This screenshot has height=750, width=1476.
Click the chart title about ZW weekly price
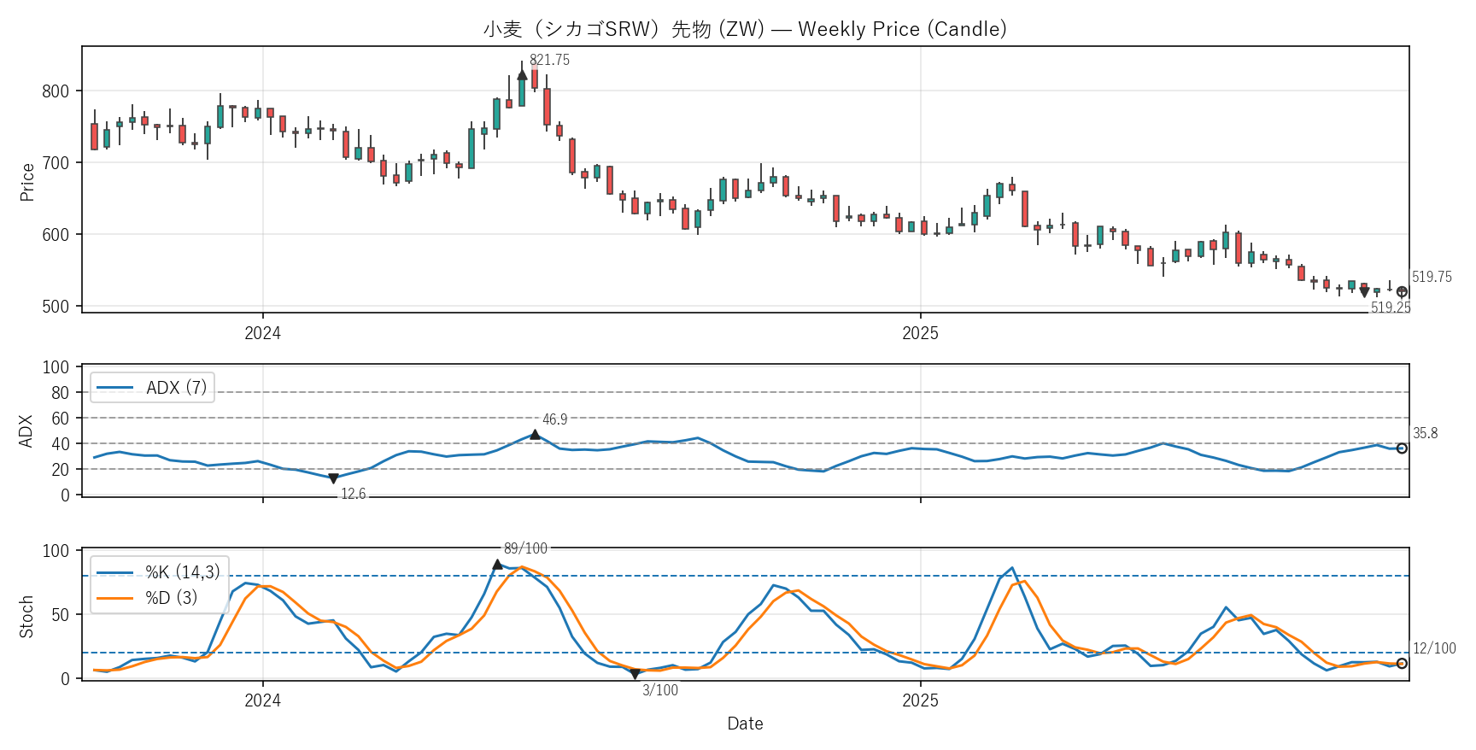pos(745,29)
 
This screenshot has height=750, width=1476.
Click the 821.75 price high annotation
pos(549,60)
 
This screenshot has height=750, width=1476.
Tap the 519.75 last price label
pos(1432,277)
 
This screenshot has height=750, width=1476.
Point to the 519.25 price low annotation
pos(1391,308)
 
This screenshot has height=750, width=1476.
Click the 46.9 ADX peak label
pos(555,419)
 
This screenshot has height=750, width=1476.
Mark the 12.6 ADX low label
pos(354,494)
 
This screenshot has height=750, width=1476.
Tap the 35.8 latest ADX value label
pos(1425,433)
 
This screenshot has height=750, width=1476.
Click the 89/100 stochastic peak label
pos(525,548)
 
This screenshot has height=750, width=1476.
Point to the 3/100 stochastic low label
pos(660,690)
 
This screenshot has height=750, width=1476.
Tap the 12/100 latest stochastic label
pos(1434,648)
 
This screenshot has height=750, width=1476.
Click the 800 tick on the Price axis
pos(56,91)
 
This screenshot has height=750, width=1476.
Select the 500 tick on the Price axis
pos(56,307)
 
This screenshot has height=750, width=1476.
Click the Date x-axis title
pos(745,724)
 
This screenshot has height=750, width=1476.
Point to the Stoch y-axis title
pos(26,616)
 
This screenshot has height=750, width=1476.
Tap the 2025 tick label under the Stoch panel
pos(920,700)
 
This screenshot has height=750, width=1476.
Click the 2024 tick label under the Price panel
pos(262,333)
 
